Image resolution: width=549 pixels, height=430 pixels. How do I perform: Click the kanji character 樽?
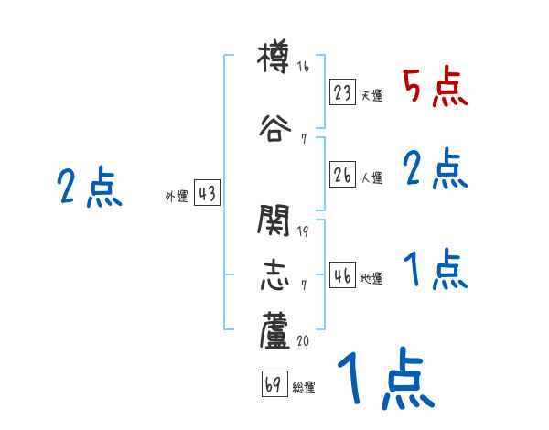[274, 61]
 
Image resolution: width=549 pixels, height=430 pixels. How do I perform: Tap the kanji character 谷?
[274, 127]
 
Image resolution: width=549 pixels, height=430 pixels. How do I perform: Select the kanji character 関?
[274, 220]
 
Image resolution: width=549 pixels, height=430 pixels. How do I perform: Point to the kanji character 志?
[274, 274]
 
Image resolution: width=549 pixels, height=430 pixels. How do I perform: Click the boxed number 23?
[343, 93]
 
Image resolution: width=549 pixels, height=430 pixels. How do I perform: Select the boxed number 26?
[343, 176]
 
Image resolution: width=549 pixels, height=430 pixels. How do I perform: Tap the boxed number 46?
[343, 276]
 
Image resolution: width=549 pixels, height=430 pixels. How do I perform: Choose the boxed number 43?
[207, 194]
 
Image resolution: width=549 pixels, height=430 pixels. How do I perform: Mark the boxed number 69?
[274, 385]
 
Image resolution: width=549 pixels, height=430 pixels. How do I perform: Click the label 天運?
[371, 95]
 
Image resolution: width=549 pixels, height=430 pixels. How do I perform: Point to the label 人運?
[371, 177]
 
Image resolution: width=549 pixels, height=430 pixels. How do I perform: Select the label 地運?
[371, 278]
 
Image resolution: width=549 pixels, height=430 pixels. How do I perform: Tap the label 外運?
[176, 196]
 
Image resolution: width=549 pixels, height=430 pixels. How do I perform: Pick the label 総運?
[303, 387]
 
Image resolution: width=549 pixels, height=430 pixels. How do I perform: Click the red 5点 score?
[435, 87]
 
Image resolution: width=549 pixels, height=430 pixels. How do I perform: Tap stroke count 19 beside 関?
[304, 231]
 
